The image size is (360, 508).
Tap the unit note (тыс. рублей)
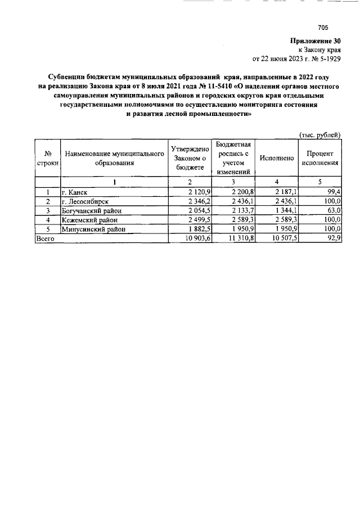(319, 134)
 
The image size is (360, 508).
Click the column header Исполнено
(276, 158)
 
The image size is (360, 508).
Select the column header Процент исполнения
(319, 158)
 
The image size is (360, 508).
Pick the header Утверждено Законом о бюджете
(190, 158)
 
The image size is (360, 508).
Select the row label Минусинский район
(93, 229)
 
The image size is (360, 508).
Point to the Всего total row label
(46, 239)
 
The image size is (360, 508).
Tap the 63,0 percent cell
(334, 210)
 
